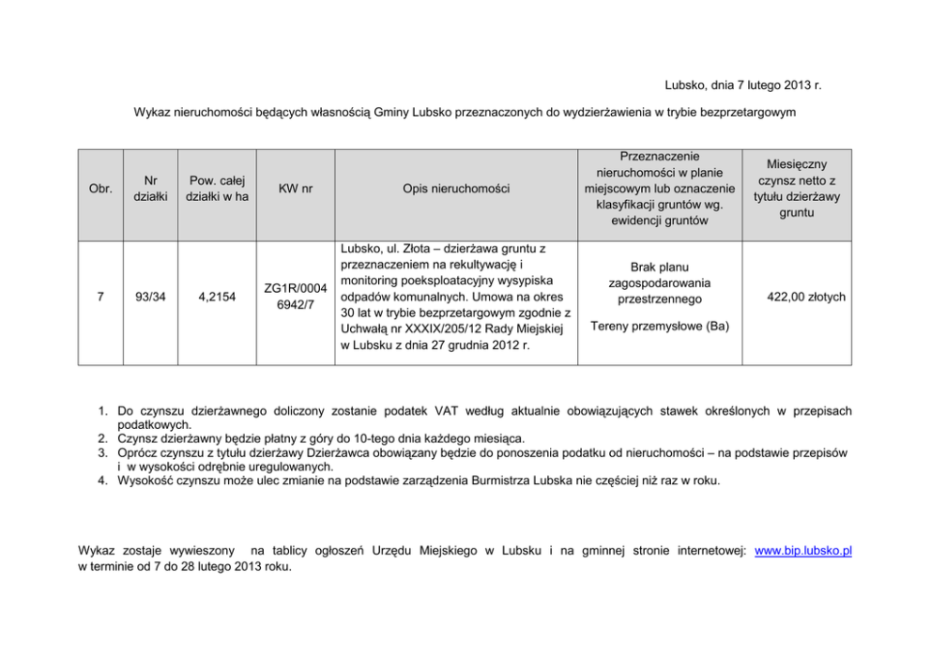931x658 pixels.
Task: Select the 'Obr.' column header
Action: coord(100,189)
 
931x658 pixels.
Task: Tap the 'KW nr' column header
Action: coord(296,189)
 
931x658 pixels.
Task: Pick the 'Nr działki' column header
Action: coord(150,188)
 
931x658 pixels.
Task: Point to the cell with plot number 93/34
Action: coord(150,297)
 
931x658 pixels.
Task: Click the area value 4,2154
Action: coord(217,297)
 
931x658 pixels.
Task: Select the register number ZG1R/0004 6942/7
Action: coord(296,297)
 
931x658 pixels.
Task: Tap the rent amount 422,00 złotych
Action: coord(806,297)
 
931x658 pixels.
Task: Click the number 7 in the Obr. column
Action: coord(100,297)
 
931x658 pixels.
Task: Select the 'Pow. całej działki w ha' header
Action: coord(217,188)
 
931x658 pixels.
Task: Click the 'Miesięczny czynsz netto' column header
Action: coord(797,188)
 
